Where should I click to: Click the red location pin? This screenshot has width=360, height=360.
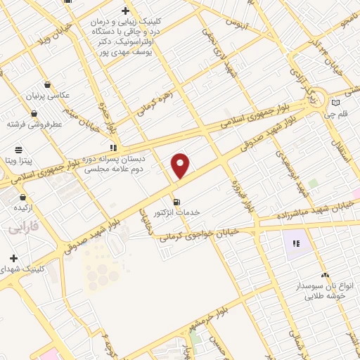(181, 166)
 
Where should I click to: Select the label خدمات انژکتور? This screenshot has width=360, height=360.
(176, 212)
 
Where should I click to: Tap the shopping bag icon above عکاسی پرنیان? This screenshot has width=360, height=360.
(47, 84)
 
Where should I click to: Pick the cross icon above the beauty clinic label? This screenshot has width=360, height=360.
(124, 11)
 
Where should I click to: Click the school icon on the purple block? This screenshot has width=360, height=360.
(296, 244)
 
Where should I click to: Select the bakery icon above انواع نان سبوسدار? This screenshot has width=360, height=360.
(324, 275)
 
